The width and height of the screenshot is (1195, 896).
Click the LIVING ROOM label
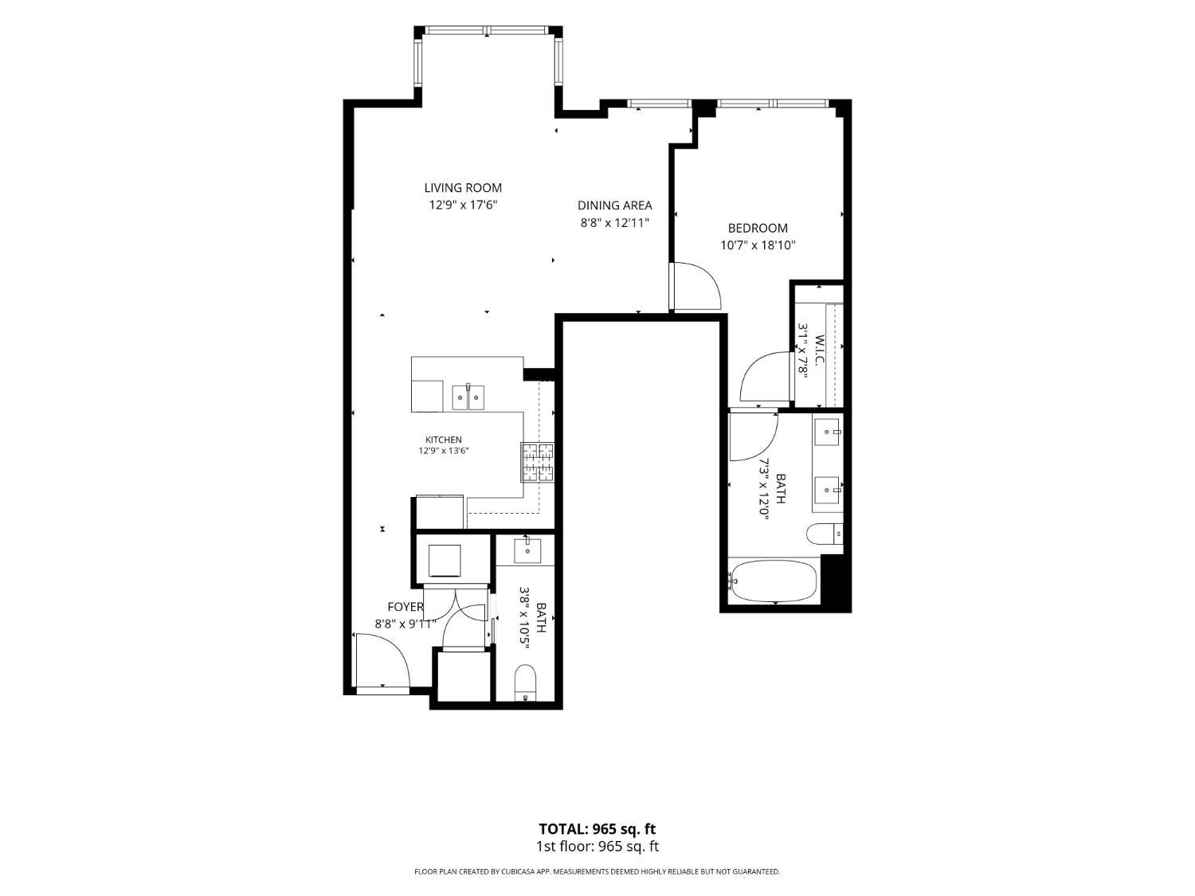[x=463, y=188]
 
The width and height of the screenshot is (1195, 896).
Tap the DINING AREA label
[x=615, y=205]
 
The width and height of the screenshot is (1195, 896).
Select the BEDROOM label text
[x=758, y=228]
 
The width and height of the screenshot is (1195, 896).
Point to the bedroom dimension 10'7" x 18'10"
[x=758, y=245]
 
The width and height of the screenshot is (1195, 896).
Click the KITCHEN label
[x=443, y=440]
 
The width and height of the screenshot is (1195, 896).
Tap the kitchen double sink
[x=468, y=397]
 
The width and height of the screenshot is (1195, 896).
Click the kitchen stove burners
[x=537, y=463]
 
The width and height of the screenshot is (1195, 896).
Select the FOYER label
[x=405, y=607]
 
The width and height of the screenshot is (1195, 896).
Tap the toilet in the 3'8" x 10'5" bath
[x=525, y=683]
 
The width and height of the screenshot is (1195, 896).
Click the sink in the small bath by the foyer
[x=527, y=550]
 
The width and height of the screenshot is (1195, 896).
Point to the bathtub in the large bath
[x=774, y=582]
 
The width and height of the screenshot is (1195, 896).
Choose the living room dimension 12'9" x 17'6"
[x=464, y=205]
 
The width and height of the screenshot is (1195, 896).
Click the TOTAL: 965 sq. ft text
[x=597, y=829]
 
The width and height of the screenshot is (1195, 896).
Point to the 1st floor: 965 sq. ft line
[x=597, y=847]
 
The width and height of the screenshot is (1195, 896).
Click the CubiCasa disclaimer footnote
[x=597, y=871]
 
